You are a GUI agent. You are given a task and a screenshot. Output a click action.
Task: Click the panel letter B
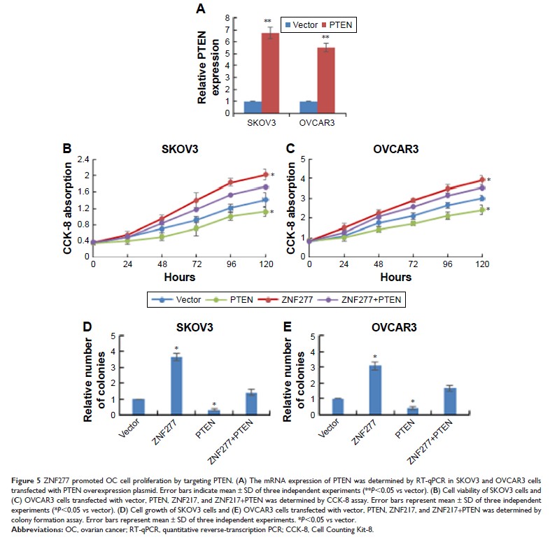coord(69,148)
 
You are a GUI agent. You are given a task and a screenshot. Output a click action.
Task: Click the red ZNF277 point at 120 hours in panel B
coord(265,174)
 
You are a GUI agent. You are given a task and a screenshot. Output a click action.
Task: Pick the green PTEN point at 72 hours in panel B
coord(197,227)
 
